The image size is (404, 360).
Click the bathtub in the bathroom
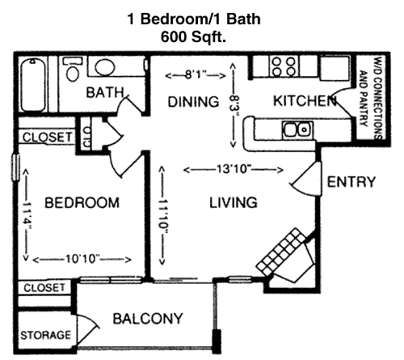(33, 85)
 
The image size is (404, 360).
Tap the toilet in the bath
(72, 69)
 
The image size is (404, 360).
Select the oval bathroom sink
(105, 67)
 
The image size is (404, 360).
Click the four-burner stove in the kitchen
(284, 66)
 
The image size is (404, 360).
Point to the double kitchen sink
(297, 129)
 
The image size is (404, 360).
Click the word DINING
(193, 102)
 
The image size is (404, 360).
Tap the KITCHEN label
(305, 101)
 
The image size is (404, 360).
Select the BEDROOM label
(82, 203)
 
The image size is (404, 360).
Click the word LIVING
(234, 202)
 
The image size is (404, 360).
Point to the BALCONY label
(148, 319)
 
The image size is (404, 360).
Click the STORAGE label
(45, 335)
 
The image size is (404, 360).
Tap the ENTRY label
(351, 182)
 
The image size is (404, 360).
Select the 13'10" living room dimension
(234, 169)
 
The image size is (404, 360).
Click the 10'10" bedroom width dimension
(82, 259)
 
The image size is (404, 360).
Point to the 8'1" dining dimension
(196, 75)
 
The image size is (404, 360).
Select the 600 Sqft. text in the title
(193, 36)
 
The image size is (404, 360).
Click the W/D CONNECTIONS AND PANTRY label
(372, 98)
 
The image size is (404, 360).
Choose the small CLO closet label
(87, 137)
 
